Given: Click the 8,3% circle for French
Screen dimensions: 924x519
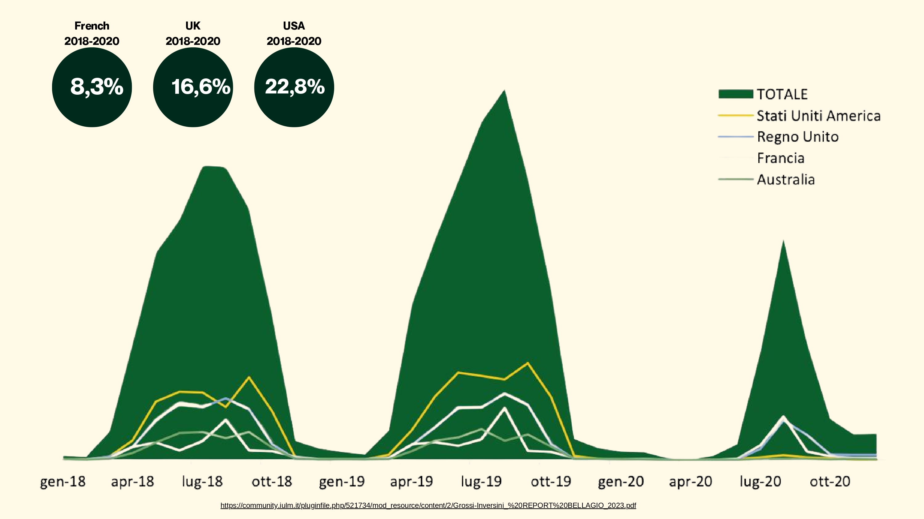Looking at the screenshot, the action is [92, 87].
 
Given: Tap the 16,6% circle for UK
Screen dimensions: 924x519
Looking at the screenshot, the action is [193, 87].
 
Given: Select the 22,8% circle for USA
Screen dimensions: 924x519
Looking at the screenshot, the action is [294, 87].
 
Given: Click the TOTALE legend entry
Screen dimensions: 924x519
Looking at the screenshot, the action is [763, 94].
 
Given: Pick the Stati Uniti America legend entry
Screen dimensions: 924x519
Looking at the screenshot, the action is [799, 116].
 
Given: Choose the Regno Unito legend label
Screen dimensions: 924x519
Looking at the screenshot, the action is [798, 137].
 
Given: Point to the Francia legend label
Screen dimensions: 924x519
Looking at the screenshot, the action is [780, 158].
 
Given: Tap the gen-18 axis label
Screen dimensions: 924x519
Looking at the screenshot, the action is [63, 482].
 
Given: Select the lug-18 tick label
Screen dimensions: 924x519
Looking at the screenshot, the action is [202, 481].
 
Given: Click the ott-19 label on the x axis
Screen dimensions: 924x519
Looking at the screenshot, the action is [551, 481].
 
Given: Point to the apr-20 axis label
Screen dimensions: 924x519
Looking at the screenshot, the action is [691, 482].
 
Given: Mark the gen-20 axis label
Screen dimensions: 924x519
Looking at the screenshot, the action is [621, 482].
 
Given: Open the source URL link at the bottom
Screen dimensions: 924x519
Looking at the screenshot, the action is [428, 505].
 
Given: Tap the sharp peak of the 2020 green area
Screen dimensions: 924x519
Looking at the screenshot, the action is [783, 241].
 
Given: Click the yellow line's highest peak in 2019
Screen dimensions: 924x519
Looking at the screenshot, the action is [528, 363].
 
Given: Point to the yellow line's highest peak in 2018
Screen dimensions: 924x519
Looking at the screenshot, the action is [249, 377].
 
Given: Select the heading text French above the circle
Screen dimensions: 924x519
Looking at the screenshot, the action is [92, 26].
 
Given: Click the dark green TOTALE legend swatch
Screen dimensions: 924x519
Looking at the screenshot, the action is [736, 94].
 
